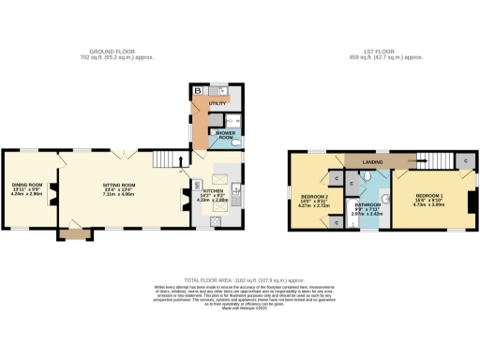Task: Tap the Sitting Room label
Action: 119,187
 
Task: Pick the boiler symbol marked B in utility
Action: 198,91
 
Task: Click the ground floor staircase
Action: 165,161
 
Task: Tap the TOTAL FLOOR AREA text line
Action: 239,280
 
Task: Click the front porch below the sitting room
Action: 71,235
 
